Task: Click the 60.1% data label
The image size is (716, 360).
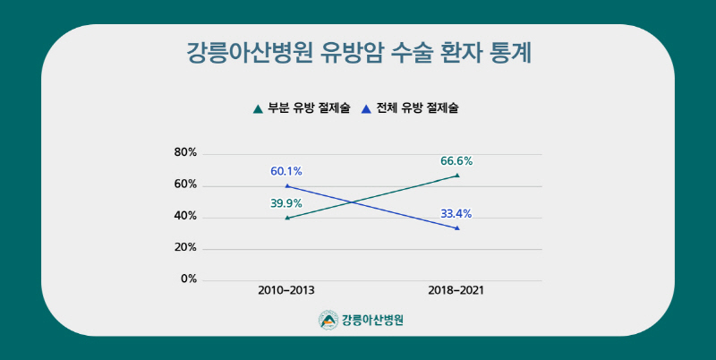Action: click(x=286, y=171)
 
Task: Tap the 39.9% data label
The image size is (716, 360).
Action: click(x=286, y=203)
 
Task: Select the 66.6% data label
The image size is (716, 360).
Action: click(x=456, y=161)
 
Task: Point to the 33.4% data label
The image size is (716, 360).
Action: click(x=456, y=213)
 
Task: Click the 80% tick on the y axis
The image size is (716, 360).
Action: click(x=185, y=152)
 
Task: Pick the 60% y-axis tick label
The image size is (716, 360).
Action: click(x=185, y=184)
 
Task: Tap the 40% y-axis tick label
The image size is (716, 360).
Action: click(x=185, y=216)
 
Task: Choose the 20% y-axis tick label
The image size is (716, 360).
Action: click(x=185, y=247)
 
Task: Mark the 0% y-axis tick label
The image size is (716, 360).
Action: click(x=188, y=279)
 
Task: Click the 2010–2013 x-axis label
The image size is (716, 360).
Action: click(x=286, y=291)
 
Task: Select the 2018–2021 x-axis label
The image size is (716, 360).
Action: click(x=456, y=291)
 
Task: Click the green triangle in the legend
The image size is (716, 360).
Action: click(x=258, y=109)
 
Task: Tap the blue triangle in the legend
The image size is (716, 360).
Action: click(x=365, y=109)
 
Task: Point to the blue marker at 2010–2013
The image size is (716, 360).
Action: click(x=286, y=185)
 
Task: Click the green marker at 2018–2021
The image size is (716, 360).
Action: click(x=456, y=176)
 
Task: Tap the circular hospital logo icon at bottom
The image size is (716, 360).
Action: click(x=328, y=320)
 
